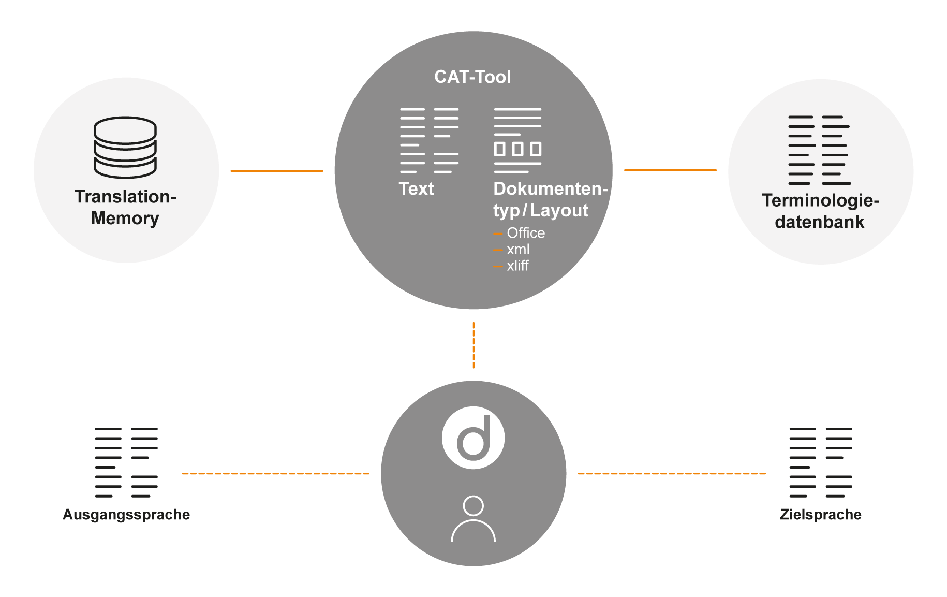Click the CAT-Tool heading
point(472,77)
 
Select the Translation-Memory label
point(125,207)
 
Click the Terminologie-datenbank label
point(820,211)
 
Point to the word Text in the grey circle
point(416,188)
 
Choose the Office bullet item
point(525,233)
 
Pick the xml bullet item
point(518,250)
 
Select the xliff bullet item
point(517,266)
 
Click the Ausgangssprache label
point(126,515)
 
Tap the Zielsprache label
point(820,515)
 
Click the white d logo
point(473,438)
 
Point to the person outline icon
point(473,519)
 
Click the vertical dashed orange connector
point(474,345)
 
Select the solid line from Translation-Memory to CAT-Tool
point(276,170)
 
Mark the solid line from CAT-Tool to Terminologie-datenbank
point(670,169)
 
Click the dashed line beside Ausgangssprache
point(275,473)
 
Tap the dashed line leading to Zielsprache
point(671,473)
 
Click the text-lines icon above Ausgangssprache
point(126,462)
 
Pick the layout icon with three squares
point(517,140)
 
